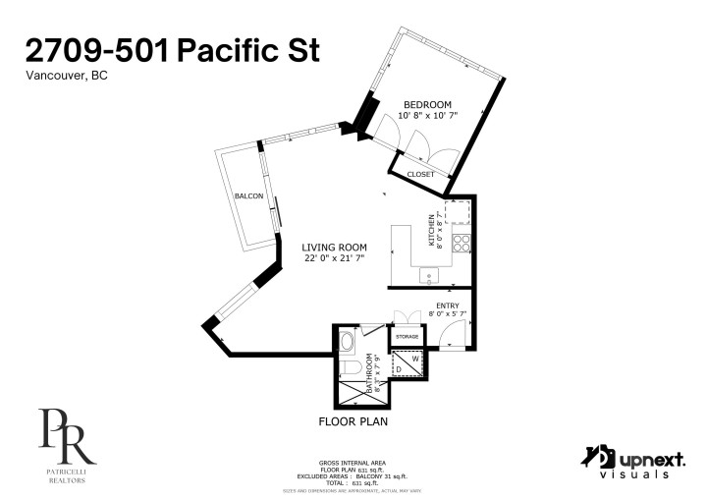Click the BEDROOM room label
pos(428,105)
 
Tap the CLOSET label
pos(420,174)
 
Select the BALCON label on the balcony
pos(248,196)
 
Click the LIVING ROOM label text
pos(334,248)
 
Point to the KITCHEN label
pos(430,230)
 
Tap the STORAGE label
pos(407,337)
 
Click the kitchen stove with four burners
pos(462,243)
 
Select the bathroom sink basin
pos(347,342)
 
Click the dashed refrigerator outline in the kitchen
pos(460,212)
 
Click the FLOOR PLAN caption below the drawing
pos(353,422)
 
